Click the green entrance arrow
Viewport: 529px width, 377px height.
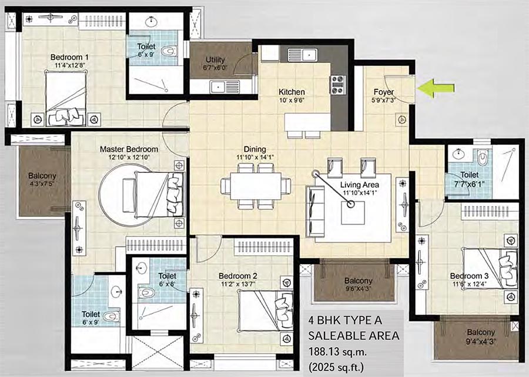pyautogui.click(x=436, y=88)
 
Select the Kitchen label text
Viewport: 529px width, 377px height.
pyautogui.click(x=292, y=92)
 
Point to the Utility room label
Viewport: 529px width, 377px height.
pyautogui.click(x=216, y=60)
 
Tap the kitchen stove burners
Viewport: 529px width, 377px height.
pyautogui.click(x=338, y=85)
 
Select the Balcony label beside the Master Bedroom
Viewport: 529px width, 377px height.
pyautogui.click(x=42, y=175)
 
